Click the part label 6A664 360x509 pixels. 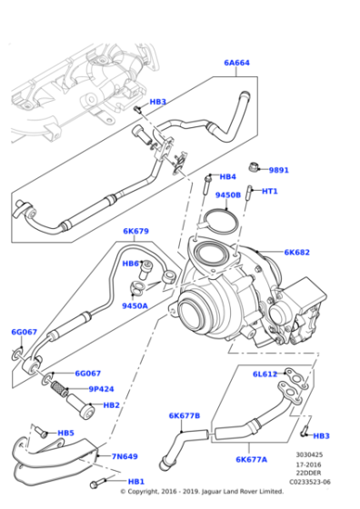[236, 63]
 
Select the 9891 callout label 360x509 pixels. [278, 170]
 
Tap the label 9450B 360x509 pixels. [227, 195]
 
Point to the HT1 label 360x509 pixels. [269, 191]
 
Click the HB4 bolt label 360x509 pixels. [227, 176]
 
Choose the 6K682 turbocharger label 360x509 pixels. [296, 253]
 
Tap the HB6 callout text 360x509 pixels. [132, 263]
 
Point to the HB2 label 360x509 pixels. [111, 405]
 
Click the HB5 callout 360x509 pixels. [66, 434]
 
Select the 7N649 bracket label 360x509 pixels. [125, 456]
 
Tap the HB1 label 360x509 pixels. [136, 481]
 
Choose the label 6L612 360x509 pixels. [265, 374]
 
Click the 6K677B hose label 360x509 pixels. [185, 415]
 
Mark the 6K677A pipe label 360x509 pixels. [251, 459]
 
